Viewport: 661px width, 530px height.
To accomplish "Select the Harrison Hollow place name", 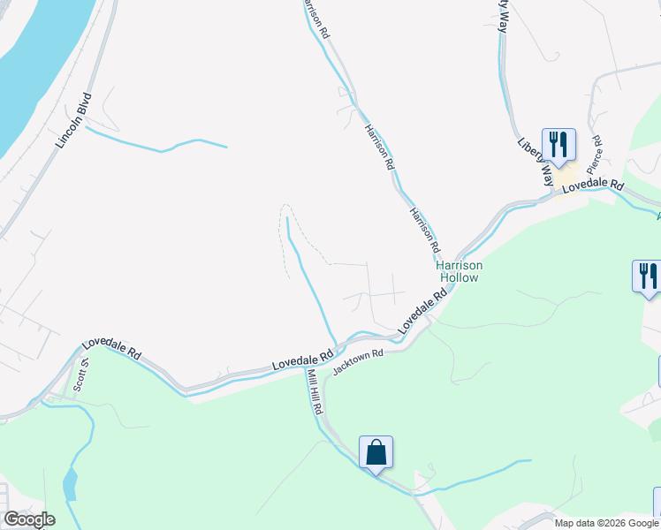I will click(457, 271).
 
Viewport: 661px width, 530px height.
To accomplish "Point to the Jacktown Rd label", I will click(358, 360).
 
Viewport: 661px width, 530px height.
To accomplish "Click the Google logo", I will click(29, 519).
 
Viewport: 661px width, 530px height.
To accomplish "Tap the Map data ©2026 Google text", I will click(605, 523).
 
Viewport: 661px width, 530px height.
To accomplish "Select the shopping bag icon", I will click(376, 452).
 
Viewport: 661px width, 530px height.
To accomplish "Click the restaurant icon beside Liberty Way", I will click(558, 144).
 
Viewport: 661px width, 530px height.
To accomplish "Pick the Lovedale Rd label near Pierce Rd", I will click(592, 187).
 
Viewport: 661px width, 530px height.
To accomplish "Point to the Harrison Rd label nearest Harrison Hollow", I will click(424, 230).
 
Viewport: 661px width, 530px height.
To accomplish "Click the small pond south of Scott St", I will click(70, 484).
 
